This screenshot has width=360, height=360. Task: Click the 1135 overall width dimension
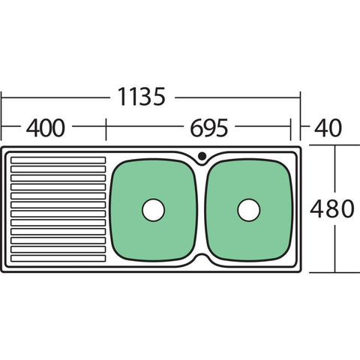(142, 97)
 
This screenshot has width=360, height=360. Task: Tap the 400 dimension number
(45, 127)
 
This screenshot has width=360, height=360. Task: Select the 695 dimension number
(209, 127)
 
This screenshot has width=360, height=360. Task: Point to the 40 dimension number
(328, 127)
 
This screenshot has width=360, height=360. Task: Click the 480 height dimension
(331, 208)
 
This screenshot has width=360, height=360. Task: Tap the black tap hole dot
(202, 156)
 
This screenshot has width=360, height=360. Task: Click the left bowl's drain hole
(153, 210)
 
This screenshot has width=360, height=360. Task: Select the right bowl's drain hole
(249, 210)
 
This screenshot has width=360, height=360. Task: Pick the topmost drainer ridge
(58, 160)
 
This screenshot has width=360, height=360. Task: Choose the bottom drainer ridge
(58, 259)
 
